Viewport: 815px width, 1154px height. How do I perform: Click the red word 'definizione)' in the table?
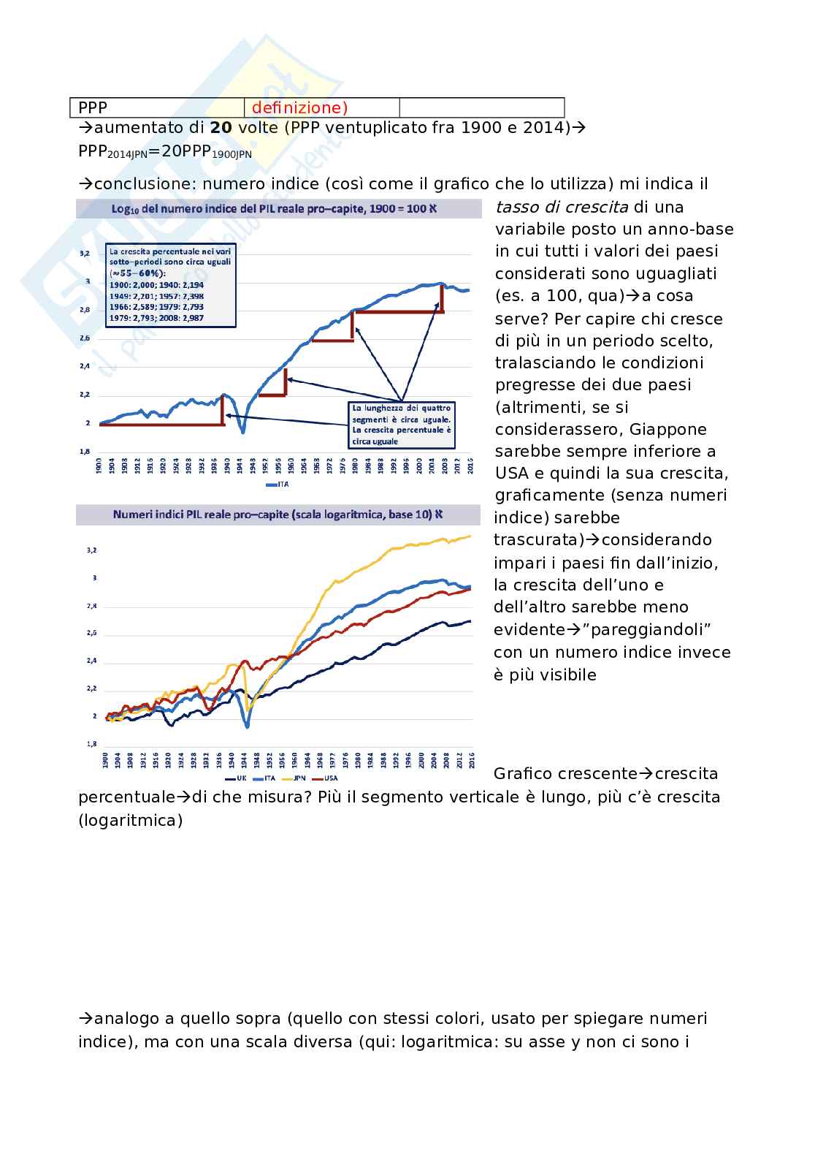tap(299, 108)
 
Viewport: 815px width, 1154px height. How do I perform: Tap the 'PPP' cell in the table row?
tap(93, 108)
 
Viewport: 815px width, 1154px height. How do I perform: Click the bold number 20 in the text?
tap(221, 128)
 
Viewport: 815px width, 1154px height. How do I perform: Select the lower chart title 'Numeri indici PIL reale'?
tap(278, 515)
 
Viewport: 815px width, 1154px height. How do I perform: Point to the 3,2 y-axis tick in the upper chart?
tap(85, 253)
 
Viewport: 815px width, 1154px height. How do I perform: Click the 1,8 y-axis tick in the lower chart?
tap(92, 744)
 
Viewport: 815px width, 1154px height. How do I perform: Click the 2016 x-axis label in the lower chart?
tap(471, 761)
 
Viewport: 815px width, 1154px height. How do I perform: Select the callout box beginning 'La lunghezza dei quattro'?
tap(402, 425)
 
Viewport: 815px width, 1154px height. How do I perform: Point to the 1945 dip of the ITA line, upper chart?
tap(243, 432)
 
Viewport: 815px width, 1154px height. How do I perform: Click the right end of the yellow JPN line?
tap(470, 536)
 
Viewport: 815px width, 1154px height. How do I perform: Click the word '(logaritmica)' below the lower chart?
tap(131, 820)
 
